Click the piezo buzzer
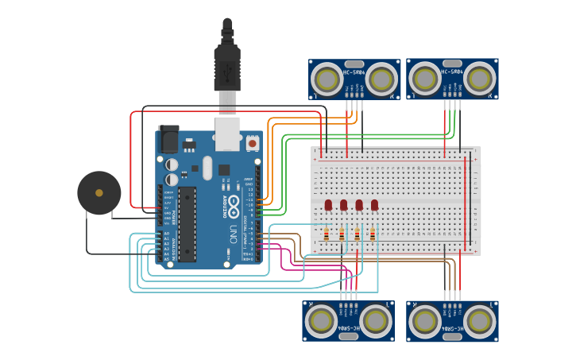click(99, 193)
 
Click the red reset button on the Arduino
click(253, 142)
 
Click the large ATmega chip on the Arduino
click(187, 223)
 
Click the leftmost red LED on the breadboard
click(328, 205)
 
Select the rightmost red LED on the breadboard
click(374, 205)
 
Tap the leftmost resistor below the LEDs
click(327, 234)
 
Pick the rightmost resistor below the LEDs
click(372, 234)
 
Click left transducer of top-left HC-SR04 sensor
click(327, 79)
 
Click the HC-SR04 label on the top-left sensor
click(354, 72)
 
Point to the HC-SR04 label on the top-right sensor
click(452, 72)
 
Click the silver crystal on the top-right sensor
click(452, 63)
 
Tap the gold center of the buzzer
click(99, 193)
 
